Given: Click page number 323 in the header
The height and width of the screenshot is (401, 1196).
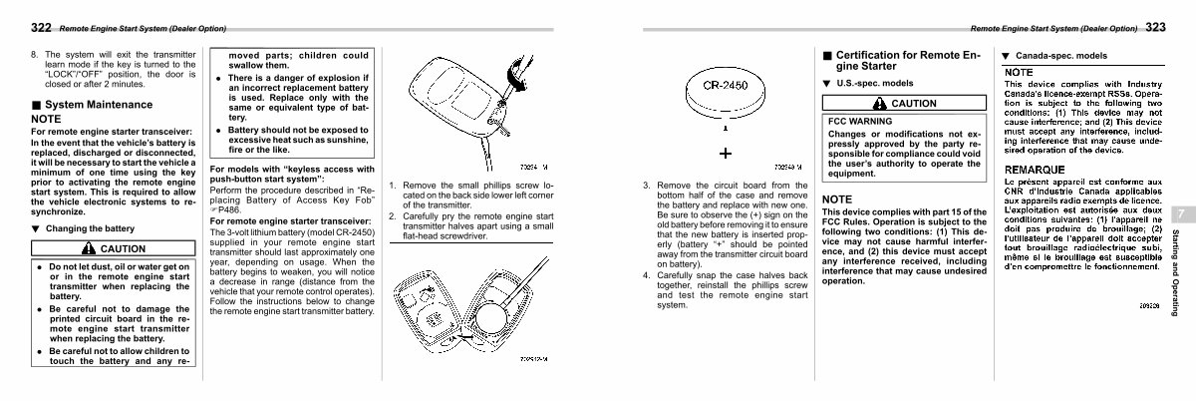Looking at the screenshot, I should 1155,27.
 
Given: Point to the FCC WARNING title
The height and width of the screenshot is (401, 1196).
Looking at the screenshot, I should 860,121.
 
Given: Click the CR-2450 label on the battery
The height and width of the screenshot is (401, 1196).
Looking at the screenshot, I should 727,86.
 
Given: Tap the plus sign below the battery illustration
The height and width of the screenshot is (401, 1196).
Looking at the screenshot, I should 726,153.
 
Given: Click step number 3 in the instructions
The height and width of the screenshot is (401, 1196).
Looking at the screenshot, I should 647,185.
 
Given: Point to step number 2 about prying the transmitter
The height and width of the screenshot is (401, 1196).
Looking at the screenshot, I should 393,215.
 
